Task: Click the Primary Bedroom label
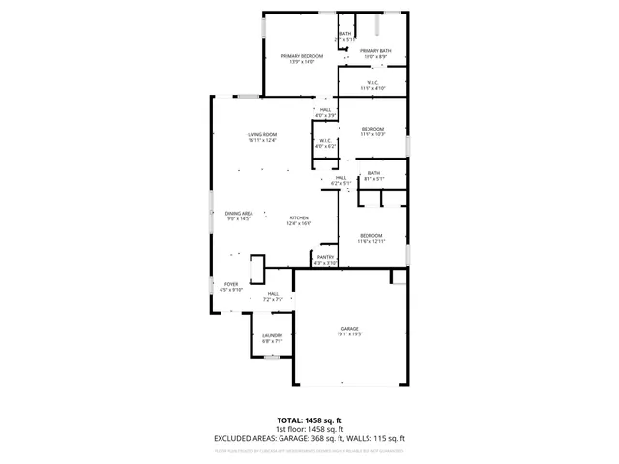[302, 56]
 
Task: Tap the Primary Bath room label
[375, 51]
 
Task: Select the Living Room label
[262, 134]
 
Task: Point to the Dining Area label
[239, 213]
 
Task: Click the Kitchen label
[300, 218]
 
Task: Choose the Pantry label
[325, 257]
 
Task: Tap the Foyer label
[230, 284]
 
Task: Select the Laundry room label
[272, 335]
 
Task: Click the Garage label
[349, 329]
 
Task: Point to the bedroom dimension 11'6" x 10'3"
[372, 134]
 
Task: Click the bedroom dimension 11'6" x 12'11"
[371, 241]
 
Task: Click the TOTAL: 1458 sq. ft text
[310, 421]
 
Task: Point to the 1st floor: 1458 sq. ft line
[310, 430]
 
